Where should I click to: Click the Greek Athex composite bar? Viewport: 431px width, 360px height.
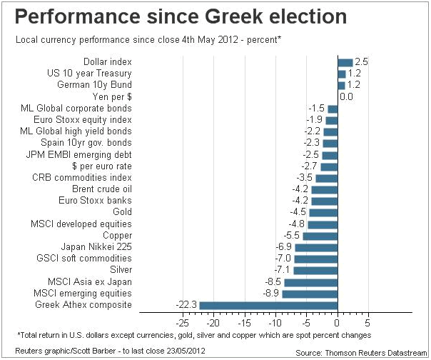[268, 305]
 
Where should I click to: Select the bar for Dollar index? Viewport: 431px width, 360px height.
[345, 62]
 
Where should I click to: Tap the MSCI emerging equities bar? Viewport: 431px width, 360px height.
[309, 294]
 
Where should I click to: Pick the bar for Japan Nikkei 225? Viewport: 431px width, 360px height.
[315, 247]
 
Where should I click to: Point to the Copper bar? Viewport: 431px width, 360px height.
[320, 236]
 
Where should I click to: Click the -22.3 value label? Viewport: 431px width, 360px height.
[186, 305]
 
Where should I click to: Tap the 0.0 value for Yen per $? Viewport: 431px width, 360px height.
[347, 96]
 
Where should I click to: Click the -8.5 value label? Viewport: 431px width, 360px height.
[273, 282]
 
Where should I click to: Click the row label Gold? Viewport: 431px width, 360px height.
[122, 212]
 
